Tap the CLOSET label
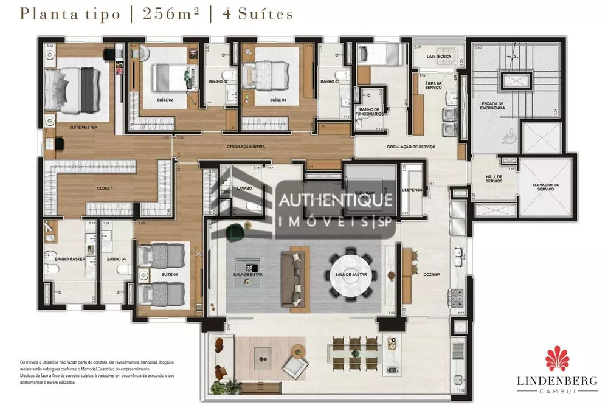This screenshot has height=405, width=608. click(105, 189)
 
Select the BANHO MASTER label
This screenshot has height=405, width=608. click(69, 260)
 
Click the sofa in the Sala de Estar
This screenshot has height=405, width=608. click(293, 275)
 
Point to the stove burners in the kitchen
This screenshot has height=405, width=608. click(457, 298)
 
